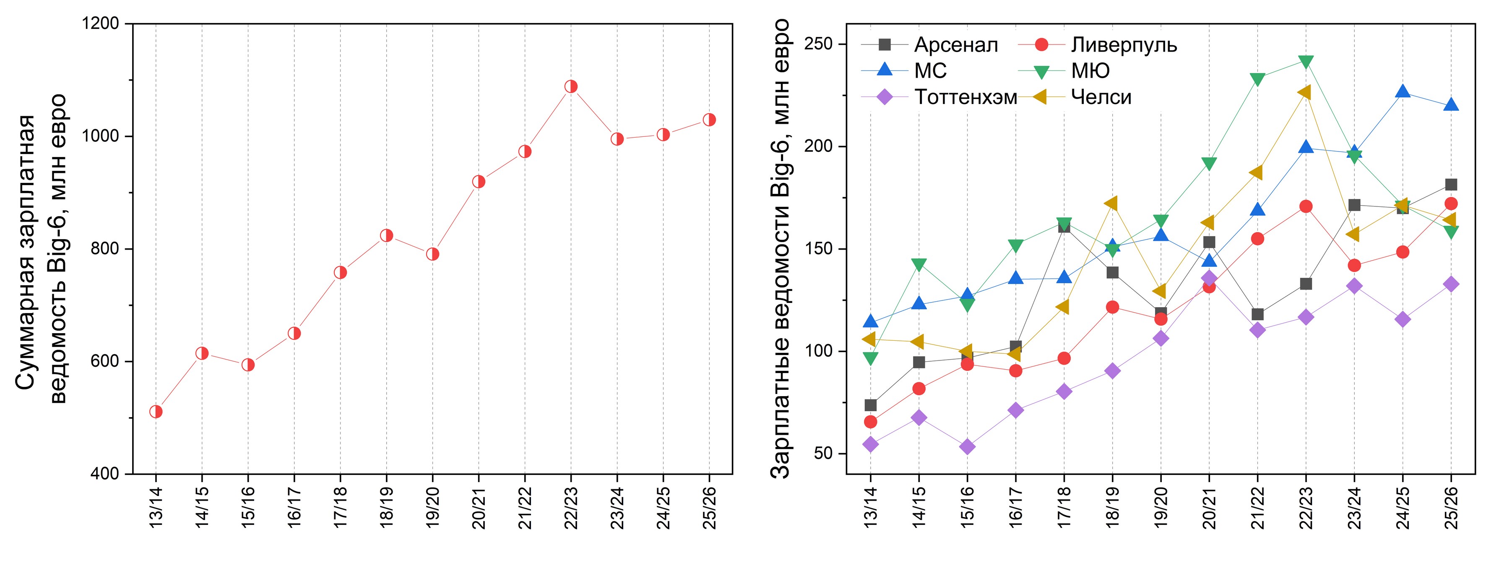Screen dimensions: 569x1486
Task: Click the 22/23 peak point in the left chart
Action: coord(570,86)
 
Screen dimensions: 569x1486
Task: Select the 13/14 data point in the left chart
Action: coord(156,412)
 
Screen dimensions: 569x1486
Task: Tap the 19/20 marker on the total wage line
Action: coord(433,254)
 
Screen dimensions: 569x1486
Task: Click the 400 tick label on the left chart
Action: coord(104,474)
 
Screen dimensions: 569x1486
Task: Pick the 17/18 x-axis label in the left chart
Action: coord(340,506)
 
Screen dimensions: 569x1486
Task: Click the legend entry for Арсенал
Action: coord(956,44)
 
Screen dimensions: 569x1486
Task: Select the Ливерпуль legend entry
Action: coord(1124,44)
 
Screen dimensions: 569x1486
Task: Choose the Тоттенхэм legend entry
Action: coord(966,97)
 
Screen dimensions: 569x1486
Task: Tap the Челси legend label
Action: coord(1101,97)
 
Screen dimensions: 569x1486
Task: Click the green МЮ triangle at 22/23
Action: coord(1306,62)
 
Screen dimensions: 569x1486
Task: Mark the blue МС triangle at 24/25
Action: coord(1403,92)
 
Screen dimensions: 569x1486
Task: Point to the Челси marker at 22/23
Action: coord(1305,92)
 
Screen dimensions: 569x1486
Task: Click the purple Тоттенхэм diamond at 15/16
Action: coord(968,446)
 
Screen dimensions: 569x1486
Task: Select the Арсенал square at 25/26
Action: coord(1451,185)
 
